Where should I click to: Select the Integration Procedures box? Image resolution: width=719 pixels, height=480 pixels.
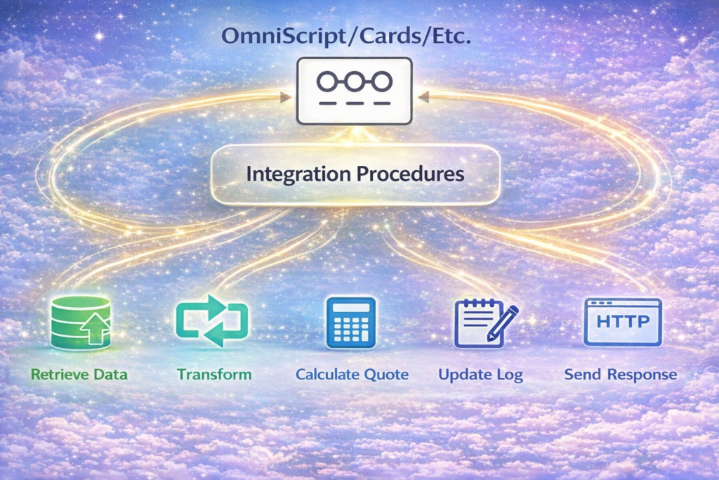pyautogui.click(x=355, y=174)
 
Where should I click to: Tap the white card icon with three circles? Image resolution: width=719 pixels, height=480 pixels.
pyautogui.click(x=354, y=91)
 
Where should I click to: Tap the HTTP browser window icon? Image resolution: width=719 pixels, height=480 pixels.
pyautogui.click(x=623, y=322)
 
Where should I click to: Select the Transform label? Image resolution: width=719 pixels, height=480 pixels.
pyautogui.click(x=214, y=374)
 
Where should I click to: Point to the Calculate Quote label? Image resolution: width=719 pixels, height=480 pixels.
pyautogui.click(x=352, y=374)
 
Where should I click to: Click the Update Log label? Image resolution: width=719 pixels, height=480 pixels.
pyautogui.click(x=480, y=375)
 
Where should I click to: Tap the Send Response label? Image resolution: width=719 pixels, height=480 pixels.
pyautogui.click(x=621, y=374)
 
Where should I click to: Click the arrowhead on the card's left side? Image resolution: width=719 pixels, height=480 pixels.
pyautogui.click(x=285, y=98)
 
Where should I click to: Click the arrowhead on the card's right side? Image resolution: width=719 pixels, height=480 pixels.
pyautogui.click(x=422, y=98)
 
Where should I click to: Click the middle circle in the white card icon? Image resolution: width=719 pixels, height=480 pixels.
pyautogui.click(x=354, y=82)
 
